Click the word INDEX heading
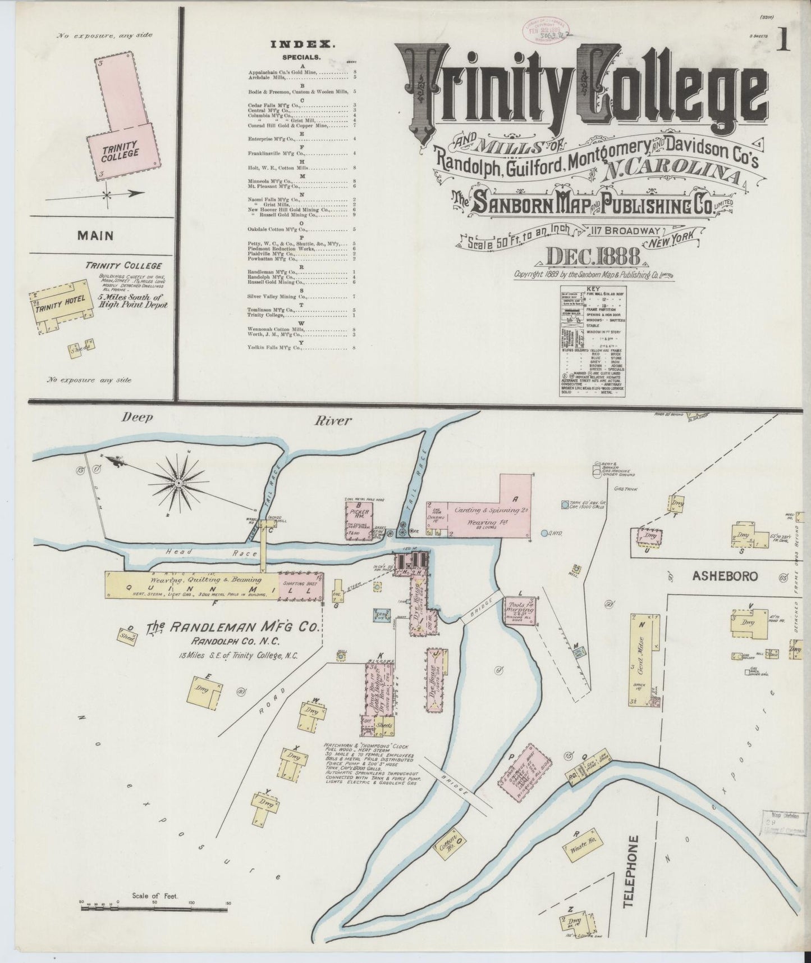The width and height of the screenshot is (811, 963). tap(303, 44)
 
